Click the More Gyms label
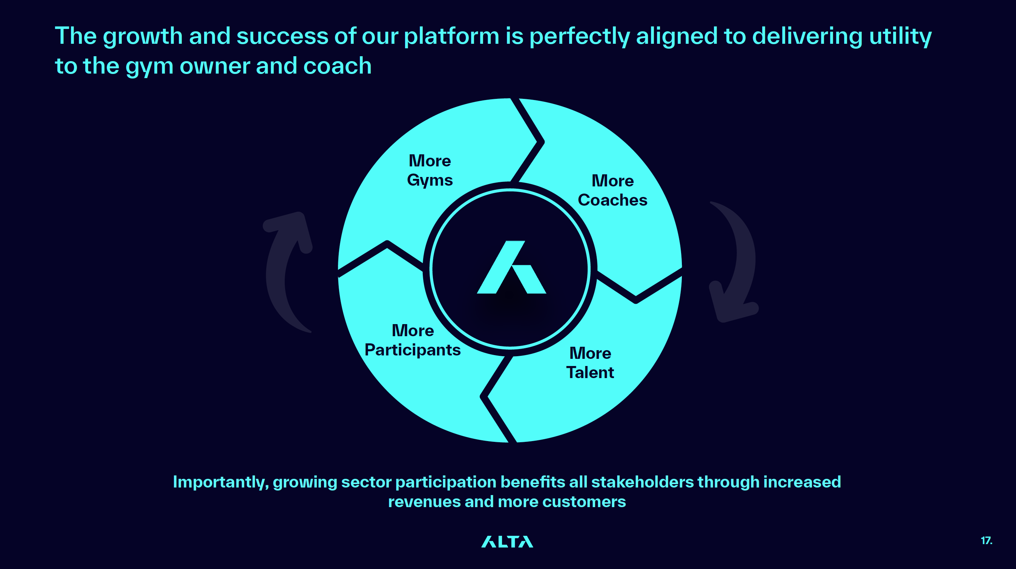[430, 171]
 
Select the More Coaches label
[612, 190]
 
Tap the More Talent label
[590, 363]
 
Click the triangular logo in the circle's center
[511, 267]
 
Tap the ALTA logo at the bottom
[507, 542]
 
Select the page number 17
[987, 541]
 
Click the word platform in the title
[451, 36]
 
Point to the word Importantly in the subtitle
[221, 482]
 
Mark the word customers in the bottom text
[584, 502]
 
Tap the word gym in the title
[149, 66]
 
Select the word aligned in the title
[677, 36]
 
